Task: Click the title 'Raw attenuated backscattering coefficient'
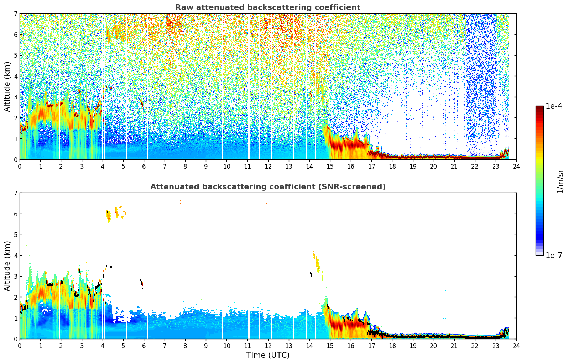[267, 7]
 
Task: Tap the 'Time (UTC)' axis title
[268, 355]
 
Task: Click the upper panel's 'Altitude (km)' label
[7, 86]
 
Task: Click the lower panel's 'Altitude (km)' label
[7, 266]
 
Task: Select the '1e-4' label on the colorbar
[554, 106]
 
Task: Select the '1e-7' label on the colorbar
[554, 255]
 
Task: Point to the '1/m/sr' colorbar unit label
[560, 181]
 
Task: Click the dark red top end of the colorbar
[540, 107]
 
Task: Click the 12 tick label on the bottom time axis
[268, 346]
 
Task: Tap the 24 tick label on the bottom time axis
[516, 346]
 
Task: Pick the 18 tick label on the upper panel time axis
[392, 167]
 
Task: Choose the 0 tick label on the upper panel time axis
[20, 167]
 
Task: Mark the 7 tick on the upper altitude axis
[16, 14]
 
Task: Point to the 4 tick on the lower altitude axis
[16, 256]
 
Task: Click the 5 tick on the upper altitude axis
[16, 56]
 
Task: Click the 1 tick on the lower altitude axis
[16, 318]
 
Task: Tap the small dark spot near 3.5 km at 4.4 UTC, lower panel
[111, 267]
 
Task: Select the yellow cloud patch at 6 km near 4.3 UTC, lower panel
[108, 215]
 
